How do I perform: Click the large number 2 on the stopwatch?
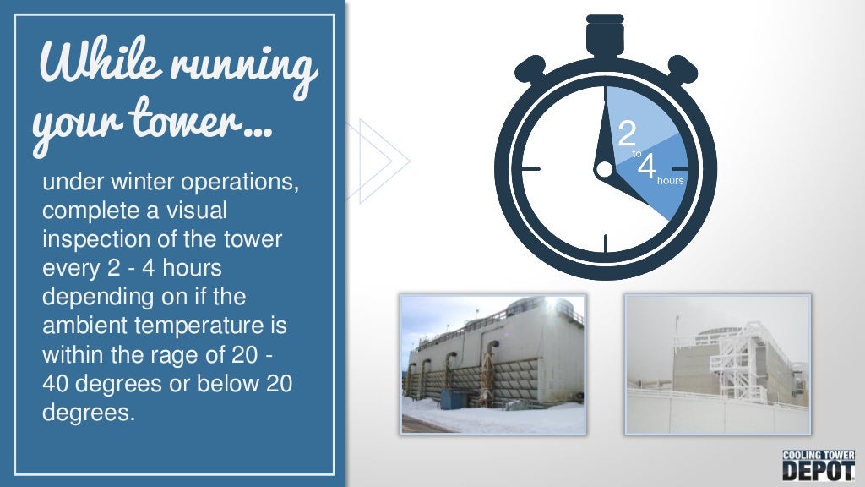(627, 134)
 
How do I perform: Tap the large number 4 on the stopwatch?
(647, 167)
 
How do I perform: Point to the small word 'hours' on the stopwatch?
(670, 180)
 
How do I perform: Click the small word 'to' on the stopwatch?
(637, 154)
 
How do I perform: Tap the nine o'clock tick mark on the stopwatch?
(530, 169)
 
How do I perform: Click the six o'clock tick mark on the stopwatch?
(606, 243)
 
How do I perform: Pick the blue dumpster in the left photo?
(451, 398)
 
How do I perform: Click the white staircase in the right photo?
(736, 364)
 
